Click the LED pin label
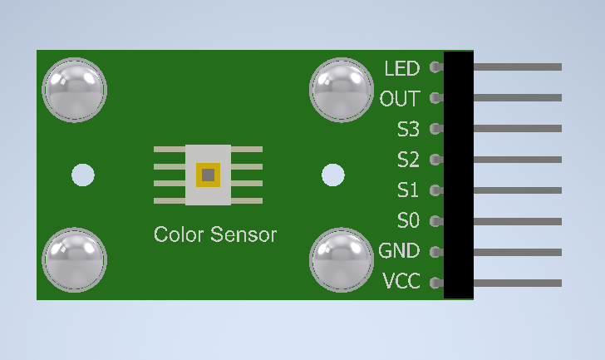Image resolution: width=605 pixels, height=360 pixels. click(402, 67)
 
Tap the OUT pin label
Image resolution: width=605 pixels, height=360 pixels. click(400, 99)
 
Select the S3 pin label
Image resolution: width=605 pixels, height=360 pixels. click(408, 130)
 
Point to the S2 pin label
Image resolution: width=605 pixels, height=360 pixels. click(408, 160)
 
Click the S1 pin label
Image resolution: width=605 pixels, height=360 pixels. click(408, 190)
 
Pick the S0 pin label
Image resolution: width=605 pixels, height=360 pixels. click(408, 221)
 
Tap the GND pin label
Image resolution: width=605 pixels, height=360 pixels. click(399, 251)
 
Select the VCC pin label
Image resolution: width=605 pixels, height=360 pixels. click(401, 282)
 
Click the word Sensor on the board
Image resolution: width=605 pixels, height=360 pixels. click(243, 234)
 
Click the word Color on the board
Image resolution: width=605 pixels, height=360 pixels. click(178, 234)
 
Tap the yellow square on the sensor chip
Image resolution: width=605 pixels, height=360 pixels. click(207, 175)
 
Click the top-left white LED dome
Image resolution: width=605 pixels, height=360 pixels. click(75, 89)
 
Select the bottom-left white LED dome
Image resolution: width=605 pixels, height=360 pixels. click(75, 259)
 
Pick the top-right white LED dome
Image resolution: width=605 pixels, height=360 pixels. click(342, 89)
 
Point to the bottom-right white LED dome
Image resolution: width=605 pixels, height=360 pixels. click(342, 259)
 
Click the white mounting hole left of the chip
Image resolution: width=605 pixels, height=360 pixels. click(83, 175)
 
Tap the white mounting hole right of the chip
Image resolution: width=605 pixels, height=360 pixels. click(333, 175)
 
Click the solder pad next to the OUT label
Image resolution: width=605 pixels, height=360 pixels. click(435, 98)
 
